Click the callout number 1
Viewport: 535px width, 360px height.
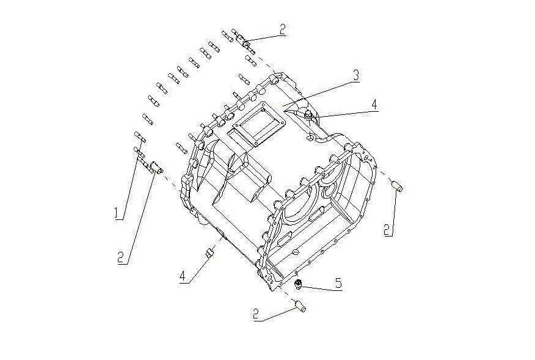click(x=115, y=212)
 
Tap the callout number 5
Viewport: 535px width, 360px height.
click(x=338, y=283)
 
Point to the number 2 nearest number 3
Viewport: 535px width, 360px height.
click(x=282, y=29)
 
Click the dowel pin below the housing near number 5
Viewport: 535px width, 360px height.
click(x=300, y=304)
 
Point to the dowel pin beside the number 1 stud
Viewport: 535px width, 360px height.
click(x=155, y=167)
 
